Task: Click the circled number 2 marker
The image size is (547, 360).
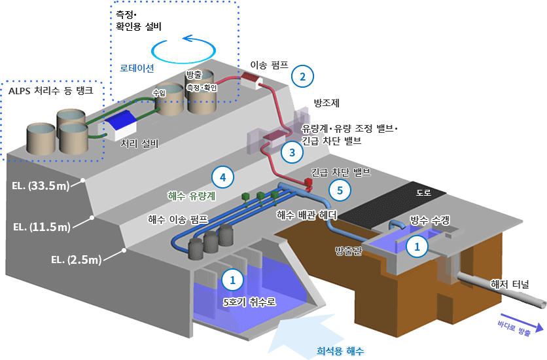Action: [302, 77]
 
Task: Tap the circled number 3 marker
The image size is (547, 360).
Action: [292, 153]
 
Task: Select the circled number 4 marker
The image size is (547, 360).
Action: [222, 177]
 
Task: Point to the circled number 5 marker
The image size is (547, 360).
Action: [340, 190]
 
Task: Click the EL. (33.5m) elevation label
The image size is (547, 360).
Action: [41, 186]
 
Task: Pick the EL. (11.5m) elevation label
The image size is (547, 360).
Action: [41, 227]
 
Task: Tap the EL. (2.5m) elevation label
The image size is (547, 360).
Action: [76, 260]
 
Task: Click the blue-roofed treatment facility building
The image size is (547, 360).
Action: [118, 125]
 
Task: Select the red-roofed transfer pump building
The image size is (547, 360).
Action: [252, 81]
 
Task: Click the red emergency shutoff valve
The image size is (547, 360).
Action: [308, 183]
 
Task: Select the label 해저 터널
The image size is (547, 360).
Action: [510, 284]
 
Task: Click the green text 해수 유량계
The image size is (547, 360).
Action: [192, 196]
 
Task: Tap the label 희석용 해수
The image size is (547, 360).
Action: [340, 351]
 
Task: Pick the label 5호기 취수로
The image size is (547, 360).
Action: [249, 302]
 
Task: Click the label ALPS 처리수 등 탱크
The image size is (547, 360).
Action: [51, 91]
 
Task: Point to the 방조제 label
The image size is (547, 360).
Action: [326, 103]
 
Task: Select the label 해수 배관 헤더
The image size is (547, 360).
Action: [307, 215]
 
